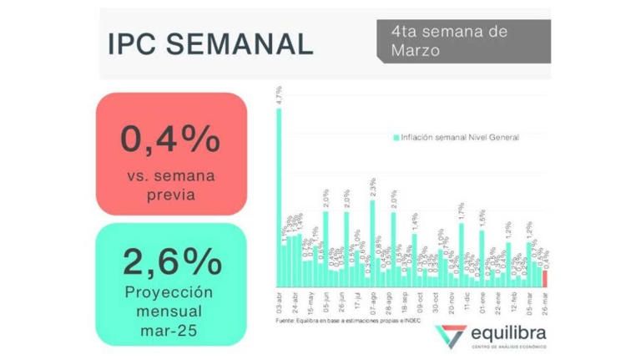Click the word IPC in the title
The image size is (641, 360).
(x=134, y=43)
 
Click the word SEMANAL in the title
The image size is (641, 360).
(x=239, y=43)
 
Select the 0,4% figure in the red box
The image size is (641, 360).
(x=171, y=139)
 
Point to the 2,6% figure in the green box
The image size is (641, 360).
(x=171, y=262)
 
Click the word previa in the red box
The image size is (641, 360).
(x=171, y=195)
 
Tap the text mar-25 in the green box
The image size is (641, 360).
(x=171, y=332)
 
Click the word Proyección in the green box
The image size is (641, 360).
(x=171, y=292)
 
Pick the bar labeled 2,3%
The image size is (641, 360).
(x=372, y=242)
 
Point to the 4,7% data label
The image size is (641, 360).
(x=279, y=95)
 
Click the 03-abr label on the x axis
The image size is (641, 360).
(x=279, y=301)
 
